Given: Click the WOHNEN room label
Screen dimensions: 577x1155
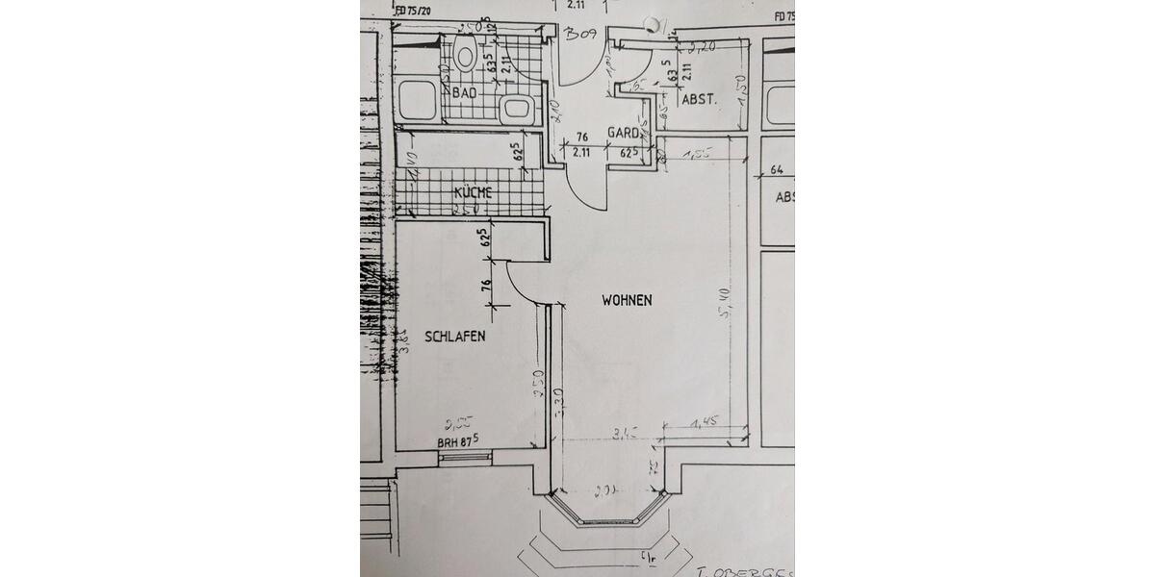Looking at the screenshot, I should point(627,300).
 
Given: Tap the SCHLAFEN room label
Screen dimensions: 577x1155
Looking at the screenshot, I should point(454,337).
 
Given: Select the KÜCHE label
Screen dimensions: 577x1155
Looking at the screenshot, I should point(473,192).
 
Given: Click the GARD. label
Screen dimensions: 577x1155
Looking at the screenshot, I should point(623,133).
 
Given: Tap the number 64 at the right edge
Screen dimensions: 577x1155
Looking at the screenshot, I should point(778,171).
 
